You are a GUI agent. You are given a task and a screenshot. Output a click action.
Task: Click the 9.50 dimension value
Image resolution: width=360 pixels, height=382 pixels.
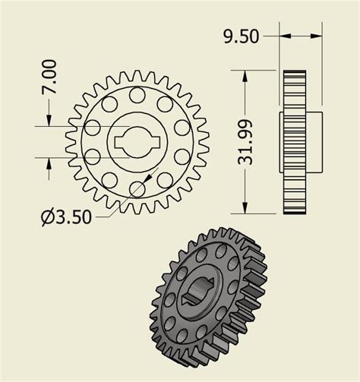point(241,36)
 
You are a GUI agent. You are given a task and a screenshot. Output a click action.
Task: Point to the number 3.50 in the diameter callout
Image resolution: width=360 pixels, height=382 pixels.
point(74,217)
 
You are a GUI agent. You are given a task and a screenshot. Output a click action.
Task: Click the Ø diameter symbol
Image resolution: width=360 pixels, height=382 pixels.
point(47,218)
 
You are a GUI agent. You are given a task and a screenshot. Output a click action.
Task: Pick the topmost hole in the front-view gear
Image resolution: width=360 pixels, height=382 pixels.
point(137,95)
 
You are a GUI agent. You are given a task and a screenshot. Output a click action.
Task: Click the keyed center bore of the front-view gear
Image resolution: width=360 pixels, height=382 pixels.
point(137,141)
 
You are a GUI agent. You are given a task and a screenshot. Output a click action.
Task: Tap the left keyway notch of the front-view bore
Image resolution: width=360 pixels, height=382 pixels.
point(115,141)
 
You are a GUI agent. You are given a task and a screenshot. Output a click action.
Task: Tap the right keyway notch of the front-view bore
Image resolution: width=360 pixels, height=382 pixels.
point(158,141)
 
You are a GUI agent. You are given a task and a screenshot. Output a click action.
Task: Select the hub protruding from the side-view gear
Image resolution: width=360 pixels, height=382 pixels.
point(314,141)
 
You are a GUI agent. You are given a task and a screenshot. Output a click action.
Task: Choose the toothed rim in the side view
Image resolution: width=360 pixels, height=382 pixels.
point(293,142)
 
